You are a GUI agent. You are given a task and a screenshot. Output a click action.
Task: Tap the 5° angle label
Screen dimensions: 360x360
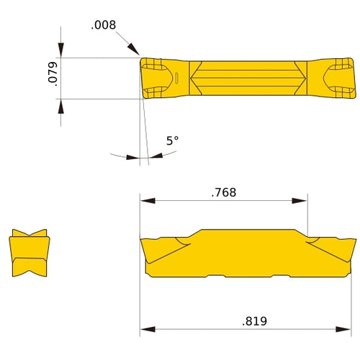click(x=172, y=141)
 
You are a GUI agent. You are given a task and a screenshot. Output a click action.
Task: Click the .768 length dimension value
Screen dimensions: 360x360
click(x=223, y=192)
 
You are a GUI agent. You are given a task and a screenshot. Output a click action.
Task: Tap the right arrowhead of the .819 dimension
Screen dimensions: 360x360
click(x=350, y=330)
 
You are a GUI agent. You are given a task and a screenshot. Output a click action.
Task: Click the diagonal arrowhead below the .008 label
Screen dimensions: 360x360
click(x=134, y=49)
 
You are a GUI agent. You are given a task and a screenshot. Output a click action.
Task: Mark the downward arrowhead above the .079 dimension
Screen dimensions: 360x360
click(x=61, y=51)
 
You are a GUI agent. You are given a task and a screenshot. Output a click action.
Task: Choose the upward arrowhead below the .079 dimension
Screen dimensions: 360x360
click(x=61, y=104)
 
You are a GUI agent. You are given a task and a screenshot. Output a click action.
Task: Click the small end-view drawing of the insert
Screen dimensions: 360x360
click(x=30, y=253)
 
